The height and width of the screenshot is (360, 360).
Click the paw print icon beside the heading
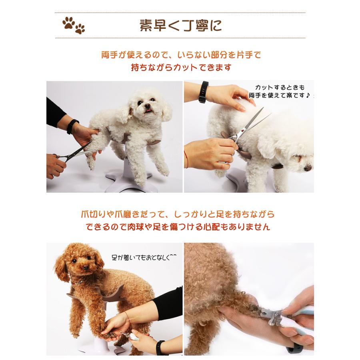[x=73, y=25]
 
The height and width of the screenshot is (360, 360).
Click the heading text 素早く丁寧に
[x=180, y=25]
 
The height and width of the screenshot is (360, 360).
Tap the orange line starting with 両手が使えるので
[x=181, y=55]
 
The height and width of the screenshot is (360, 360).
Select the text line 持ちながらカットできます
[x=181, y=67]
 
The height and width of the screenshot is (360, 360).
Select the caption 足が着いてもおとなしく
[x=144, y=258]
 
